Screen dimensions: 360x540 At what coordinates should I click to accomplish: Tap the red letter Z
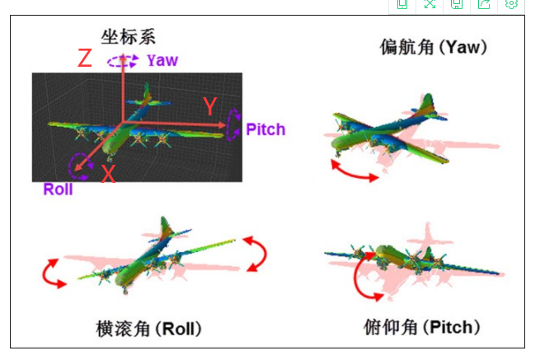[84, 58]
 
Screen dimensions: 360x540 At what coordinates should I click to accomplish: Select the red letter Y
[210, 106]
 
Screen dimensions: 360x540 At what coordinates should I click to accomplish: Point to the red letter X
[108, 174]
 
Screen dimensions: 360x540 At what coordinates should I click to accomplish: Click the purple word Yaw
[162, 60]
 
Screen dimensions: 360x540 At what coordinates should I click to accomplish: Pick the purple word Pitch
[265, 129]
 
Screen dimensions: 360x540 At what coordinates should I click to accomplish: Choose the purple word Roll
[59, 189]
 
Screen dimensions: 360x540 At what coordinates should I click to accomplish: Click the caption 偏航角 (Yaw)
[434, 47]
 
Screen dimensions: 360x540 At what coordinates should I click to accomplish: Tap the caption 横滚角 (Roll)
[148, 329]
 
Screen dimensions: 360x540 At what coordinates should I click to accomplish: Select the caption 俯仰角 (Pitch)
[421, 327]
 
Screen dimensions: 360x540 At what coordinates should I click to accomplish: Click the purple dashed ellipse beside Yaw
[123, 61]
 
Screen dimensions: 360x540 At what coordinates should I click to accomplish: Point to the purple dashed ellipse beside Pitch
[234, 125]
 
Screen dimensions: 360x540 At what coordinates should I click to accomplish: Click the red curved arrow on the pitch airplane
[362, 280]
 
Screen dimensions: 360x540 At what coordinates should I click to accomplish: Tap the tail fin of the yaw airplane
[426, 106]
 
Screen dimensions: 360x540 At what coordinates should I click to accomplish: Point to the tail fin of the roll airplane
[165, 227]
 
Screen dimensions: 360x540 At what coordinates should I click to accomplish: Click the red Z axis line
[123, 91]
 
